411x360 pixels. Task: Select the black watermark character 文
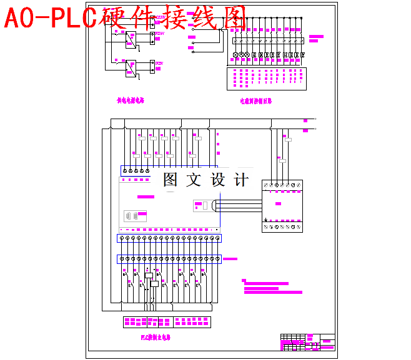click(x=194, y=180)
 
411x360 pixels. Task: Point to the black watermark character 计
click(x=240, y=180)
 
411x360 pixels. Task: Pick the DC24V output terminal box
click(x=152, y=36)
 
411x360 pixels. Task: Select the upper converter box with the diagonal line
click(x=131, y=39)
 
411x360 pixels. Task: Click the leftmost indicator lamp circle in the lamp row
click(x=236, y=55)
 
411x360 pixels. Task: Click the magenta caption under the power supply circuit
click(x=131, y=100)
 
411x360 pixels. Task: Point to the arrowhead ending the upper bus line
click(x=315, y=119)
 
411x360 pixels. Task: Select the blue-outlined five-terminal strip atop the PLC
click(x=136, y=170)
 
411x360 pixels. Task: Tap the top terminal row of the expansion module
click(x=282, y=185)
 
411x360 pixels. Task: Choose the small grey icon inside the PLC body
click(x=131, y=215)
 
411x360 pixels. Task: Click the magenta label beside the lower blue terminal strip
click(x=230, y=258)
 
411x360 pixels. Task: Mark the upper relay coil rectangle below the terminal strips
click(x=149, y=275)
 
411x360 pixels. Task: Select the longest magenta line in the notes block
click(x=273, y=292)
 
